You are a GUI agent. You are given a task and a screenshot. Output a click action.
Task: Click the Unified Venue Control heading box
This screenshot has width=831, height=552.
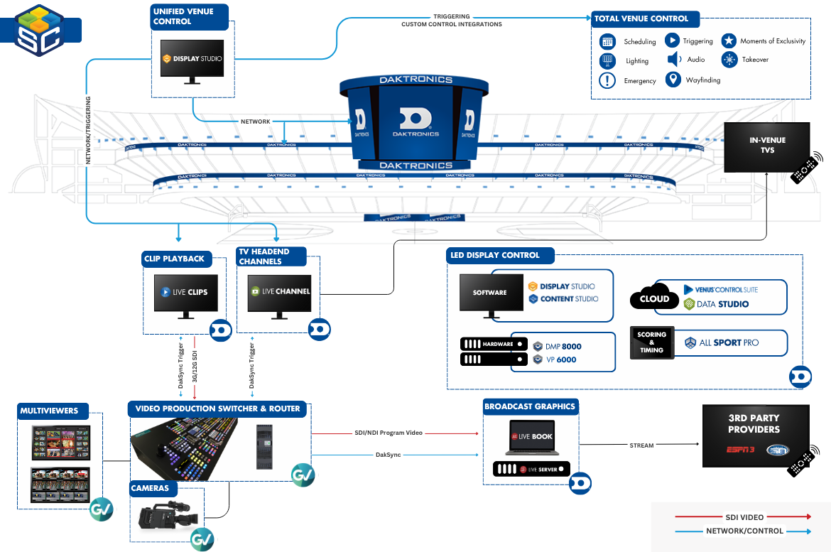pos(190,16)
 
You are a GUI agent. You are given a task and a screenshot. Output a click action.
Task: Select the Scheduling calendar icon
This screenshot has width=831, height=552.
pos(607,41)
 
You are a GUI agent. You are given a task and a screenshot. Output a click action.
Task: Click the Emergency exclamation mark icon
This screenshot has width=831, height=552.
pos(607,80)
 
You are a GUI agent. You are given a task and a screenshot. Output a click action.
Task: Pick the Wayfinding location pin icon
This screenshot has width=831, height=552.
pos(673,80)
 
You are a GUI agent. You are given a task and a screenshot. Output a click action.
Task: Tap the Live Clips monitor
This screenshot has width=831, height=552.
pos(184,292)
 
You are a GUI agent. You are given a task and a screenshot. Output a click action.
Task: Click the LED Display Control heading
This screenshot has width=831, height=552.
pos(495,255)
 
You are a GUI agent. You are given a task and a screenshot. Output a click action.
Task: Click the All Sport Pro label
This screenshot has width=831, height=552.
pos(729,342)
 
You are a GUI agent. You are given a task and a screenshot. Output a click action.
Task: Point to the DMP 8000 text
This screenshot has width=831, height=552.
pos(563,346)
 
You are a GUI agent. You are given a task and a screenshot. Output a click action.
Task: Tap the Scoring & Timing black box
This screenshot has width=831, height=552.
pos(651,342)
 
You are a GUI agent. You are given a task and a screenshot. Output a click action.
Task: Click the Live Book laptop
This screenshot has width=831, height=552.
pos(531,437)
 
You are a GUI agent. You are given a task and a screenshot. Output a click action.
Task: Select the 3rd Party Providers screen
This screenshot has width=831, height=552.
pos(755,435)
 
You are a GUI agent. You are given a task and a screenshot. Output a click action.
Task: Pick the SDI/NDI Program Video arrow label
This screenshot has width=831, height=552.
pos(389,433)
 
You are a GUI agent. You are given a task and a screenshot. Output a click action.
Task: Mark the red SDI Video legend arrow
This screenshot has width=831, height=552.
pos(744,517)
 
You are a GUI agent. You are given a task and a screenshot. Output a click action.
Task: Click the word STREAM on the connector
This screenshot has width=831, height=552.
pos(642,445)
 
